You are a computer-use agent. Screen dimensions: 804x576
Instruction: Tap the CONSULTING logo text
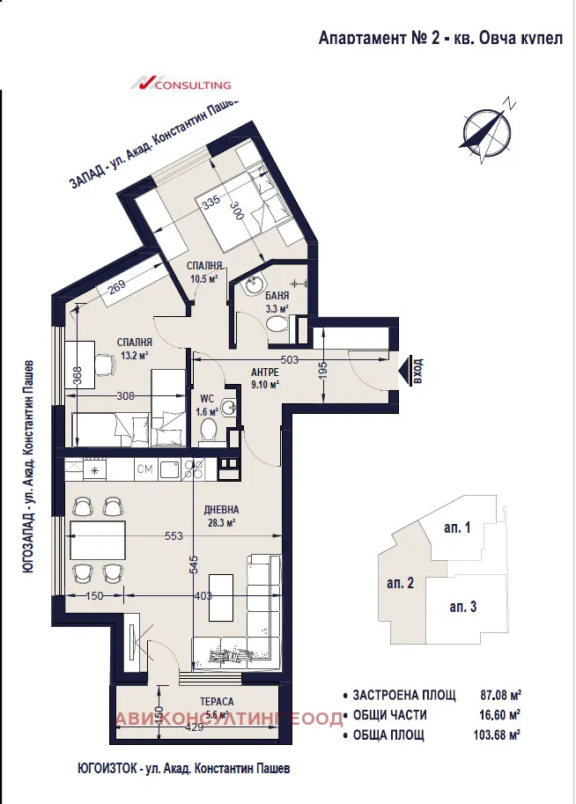point(192,85)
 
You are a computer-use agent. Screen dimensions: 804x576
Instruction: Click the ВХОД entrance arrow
point(410,370)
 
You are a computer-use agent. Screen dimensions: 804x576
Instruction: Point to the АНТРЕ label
point(264,372)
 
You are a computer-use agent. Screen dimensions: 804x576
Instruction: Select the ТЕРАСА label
point(216,702)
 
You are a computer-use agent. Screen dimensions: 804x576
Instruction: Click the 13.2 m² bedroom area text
point(134,355)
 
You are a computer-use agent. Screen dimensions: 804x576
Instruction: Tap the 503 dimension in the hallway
point(291,358)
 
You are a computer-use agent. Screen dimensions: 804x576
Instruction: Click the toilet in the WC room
point(210,431)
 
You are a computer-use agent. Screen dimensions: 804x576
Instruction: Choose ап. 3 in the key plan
point(462,607)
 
